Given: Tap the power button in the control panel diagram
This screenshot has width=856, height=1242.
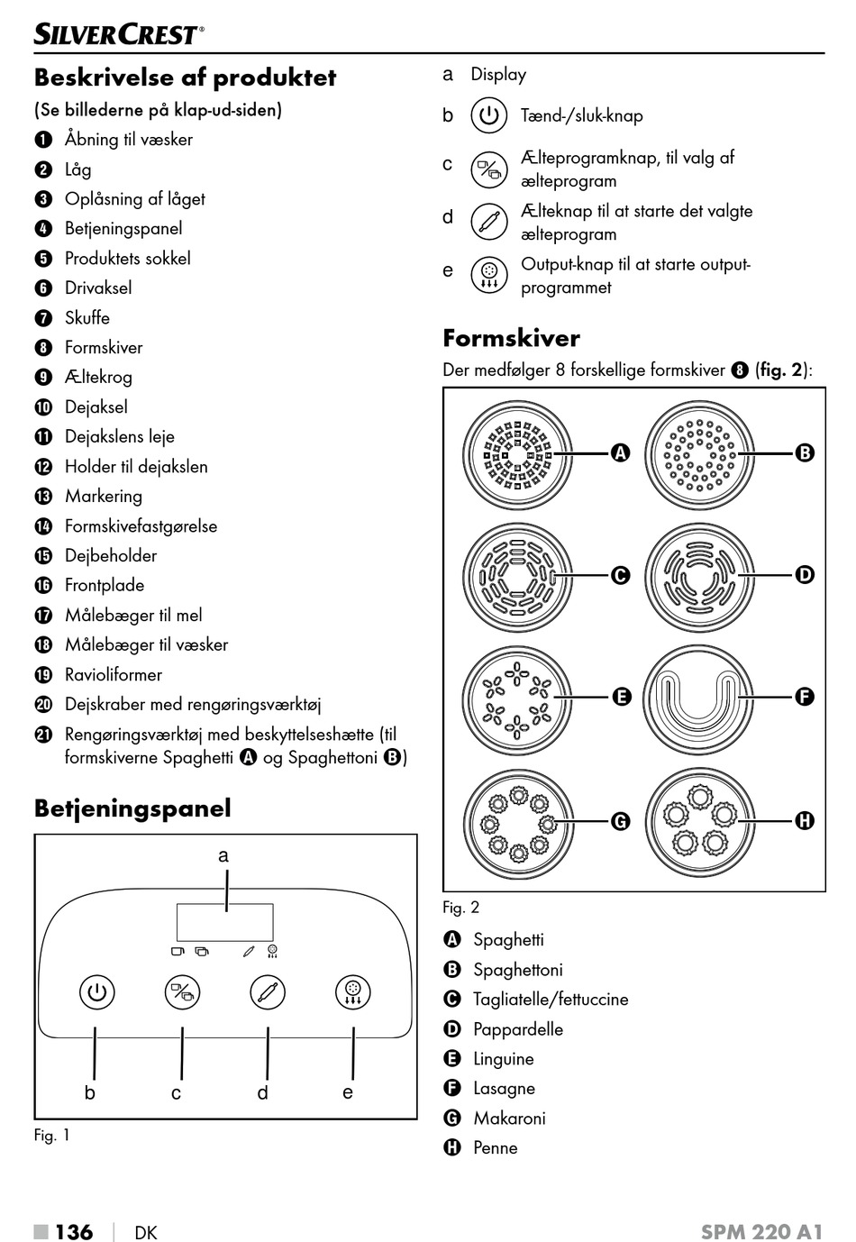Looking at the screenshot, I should click(x=96, y=992).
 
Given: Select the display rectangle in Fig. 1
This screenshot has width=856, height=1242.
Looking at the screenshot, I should click(x=224, y=922).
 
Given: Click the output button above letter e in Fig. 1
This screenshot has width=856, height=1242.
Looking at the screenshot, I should click(x=353, y=992).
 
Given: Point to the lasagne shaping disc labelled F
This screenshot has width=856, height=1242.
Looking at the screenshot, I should click(x=699, y=697).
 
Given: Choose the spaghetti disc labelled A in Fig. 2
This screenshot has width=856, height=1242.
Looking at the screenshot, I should click(x=517, y=453).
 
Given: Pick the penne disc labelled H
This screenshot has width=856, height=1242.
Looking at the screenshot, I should click(x=699, y=820).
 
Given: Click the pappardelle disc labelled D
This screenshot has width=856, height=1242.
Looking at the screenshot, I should click(x=699, y=575).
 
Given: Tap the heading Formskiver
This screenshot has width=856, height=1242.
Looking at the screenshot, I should click(x=511, y=338).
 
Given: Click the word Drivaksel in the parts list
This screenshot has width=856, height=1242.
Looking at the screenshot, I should click(x=98, y=288).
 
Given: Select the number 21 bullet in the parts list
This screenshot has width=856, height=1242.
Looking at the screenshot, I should click(x=43, y=735).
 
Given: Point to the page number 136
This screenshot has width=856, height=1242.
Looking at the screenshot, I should click(x=74, y=1231).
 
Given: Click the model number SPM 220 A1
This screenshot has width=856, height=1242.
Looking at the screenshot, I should click(x=761, y=1231).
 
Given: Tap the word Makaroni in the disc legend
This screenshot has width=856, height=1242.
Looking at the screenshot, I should click(x=509, y=1118).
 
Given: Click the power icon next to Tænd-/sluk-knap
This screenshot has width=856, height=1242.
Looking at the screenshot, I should click(x=488, y=115).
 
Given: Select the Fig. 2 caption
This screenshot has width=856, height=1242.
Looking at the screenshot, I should click(x=460, y=907).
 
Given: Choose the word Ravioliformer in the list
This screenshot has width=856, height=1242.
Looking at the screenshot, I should click(x=114, y=674).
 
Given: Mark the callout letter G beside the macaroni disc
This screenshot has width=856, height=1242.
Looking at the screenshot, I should click(x=620, y=821).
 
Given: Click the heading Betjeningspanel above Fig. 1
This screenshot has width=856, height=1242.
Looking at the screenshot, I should click(x=132, y=808).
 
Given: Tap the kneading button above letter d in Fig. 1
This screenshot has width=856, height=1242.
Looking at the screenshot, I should click(x=268, y=992).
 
